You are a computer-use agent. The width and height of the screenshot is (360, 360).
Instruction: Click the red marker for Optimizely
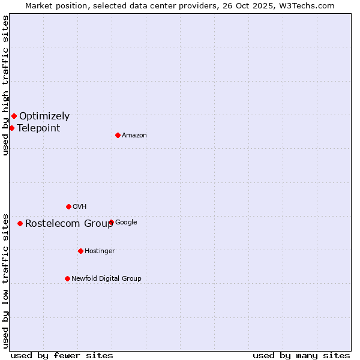tap(14, 116)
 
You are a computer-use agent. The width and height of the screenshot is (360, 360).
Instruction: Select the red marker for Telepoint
tap(11, 128)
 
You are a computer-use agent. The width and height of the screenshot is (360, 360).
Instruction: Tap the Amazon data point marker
tap(118, 135)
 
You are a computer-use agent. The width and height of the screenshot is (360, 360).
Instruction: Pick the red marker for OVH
tap(68, 206)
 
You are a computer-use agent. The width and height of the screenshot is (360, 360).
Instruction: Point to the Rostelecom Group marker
tap(20, 223)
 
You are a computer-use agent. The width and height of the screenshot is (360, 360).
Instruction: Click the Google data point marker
tap(111, 222)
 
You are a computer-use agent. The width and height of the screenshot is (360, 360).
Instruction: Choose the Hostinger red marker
tap(80, 251)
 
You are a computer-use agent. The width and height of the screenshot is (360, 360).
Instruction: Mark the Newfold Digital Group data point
tap(67, 278)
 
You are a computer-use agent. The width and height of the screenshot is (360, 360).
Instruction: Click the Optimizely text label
tap(44, 116)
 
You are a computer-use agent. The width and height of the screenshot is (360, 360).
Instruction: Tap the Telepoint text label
tap(38, 128)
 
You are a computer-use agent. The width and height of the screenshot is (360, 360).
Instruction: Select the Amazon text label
tap(134, 136)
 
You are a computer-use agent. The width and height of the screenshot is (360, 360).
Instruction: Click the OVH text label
tap(79, 207)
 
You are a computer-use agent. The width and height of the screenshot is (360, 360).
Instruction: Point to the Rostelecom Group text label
tap(69, 224)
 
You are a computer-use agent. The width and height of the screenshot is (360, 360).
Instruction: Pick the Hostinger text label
tap(100, 251)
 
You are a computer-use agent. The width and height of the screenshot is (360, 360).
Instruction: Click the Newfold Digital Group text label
tap(106, 278)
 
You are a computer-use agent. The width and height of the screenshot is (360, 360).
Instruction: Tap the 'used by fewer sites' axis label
tap(62, 356)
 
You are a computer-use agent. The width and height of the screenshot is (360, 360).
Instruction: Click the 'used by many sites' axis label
tap(301, 356)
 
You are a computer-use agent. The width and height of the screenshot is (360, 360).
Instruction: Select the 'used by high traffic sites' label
tap(5, 85)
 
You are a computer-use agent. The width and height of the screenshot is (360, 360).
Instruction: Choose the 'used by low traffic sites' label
tap(5, 281)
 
